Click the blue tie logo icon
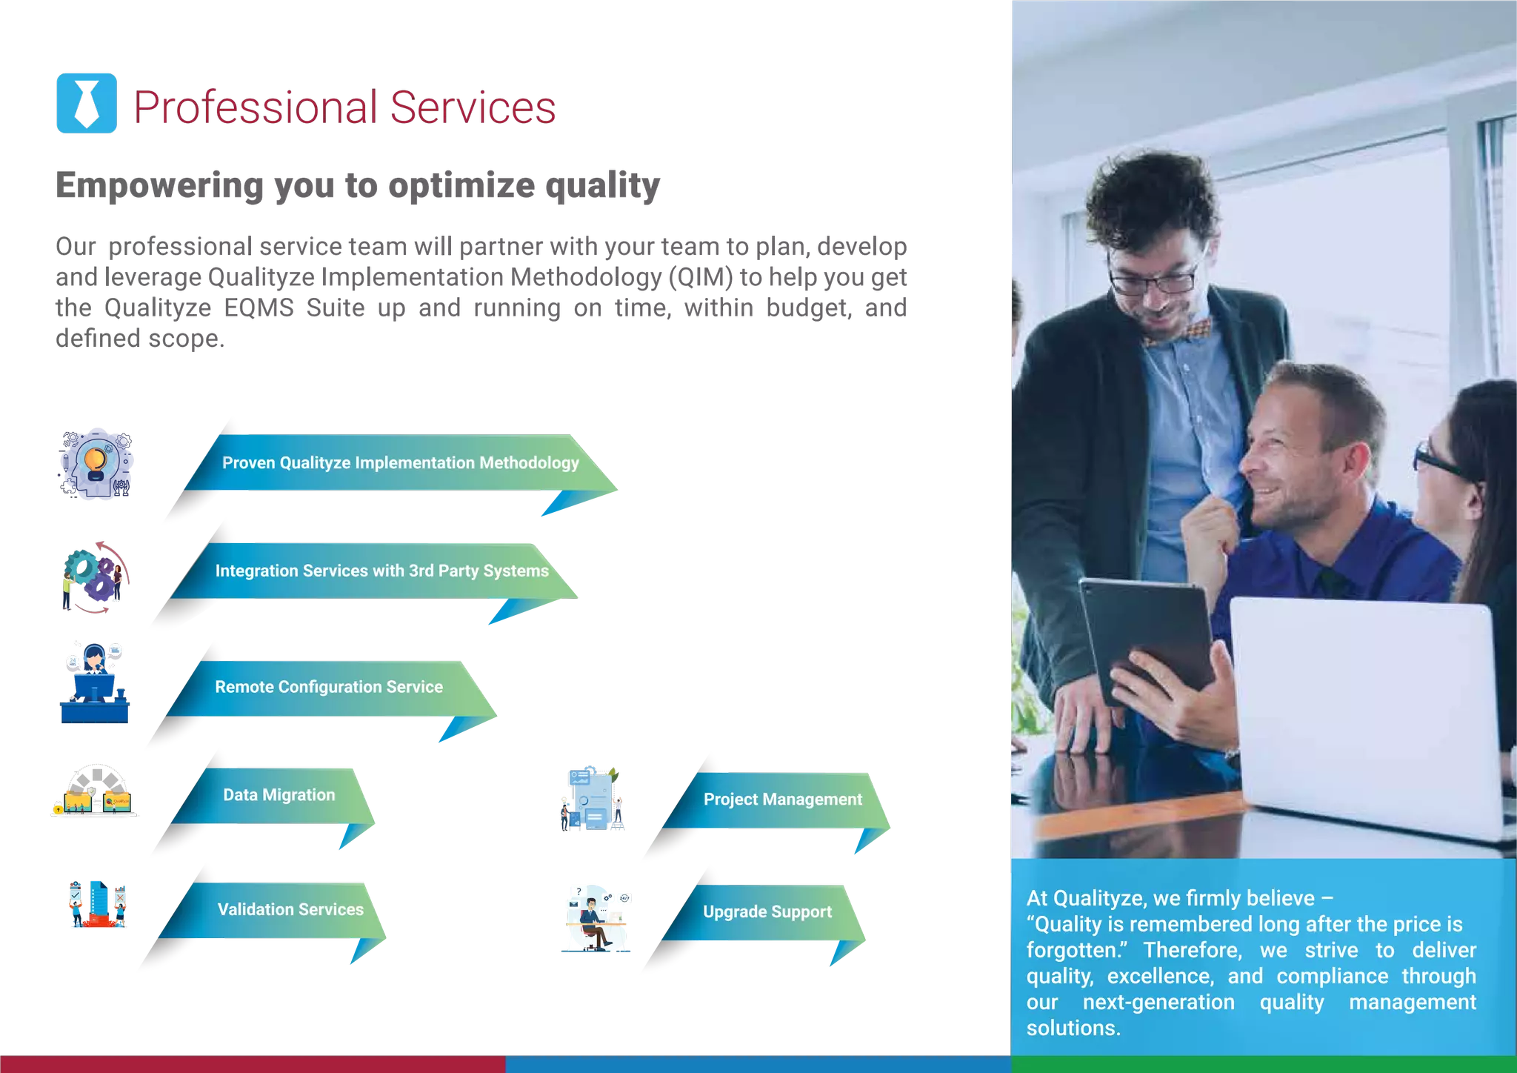point(86,103)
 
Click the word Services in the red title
point(473,107)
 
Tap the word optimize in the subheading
point(461,186)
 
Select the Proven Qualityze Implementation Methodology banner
point(400,463)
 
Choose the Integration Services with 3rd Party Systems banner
point(381,571)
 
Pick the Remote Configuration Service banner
point(329,687)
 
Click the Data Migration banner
point(279,795)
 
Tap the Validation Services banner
point(290,910)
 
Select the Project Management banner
point(782,800)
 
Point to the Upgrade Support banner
point(767,912)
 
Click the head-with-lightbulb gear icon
point(96,465)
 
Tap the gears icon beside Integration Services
point(95,578)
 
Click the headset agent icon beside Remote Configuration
point(95,682)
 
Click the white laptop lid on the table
point(1363,711)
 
